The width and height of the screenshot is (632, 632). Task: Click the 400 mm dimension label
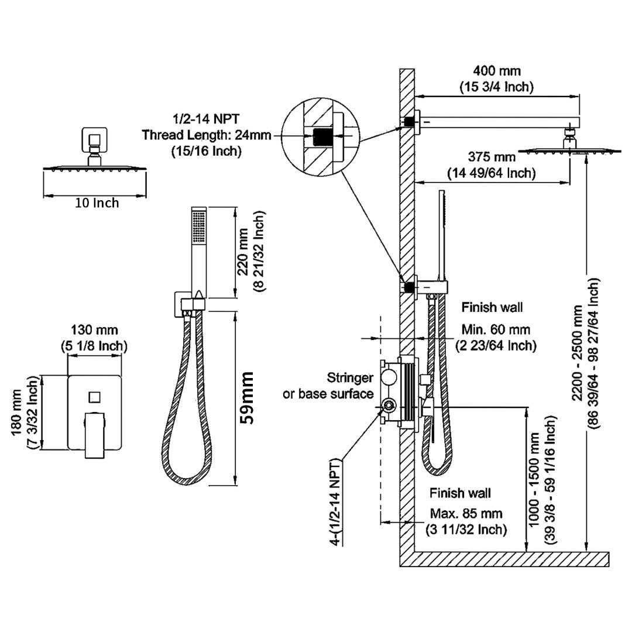pyautogui.click(x=496, y=71)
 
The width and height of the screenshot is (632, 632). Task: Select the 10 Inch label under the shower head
pyautogui.click(x=97, y=203)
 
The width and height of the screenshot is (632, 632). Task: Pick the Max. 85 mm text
pyautogui.click(x=466, y=514)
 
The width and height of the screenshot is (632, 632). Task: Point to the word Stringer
pyautogui.click(x=350, y=377)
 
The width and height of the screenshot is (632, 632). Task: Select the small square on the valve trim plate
pyautogui.click(x=95, y=397)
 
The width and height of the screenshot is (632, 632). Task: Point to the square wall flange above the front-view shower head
pyautogui.click(x=93, y=140)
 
